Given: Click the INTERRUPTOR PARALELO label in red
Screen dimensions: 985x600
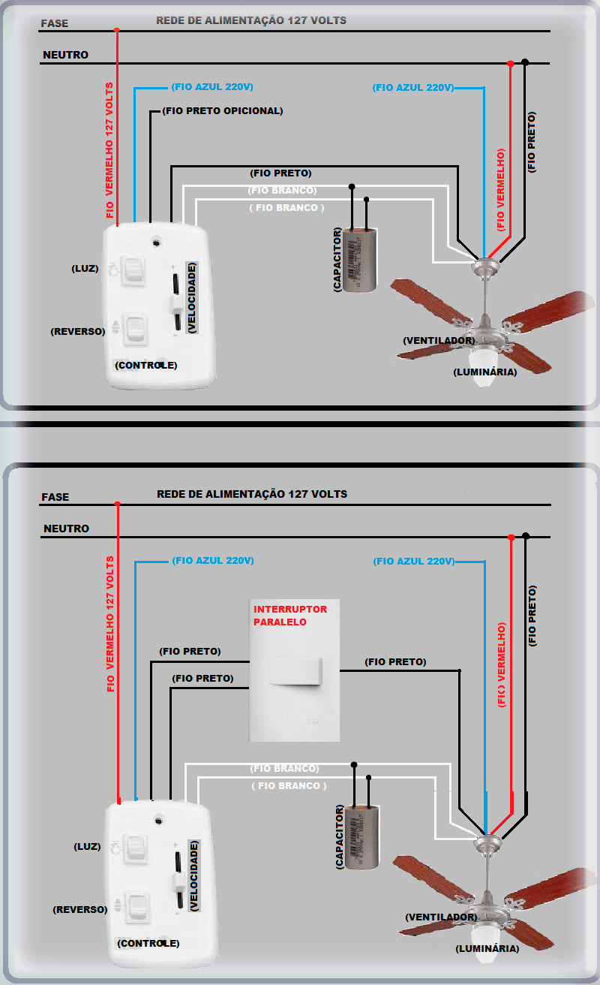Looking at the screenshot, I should tap(280, 616).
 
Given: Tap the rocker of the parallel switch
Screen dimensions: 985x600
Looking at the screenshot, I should tap(295, 670).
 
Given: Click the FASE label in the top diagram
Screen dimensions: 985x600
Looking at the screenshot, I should tap(55, 23).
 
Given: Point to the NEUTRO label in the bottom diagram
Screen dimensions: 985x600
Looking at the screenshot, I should tap(66, 529).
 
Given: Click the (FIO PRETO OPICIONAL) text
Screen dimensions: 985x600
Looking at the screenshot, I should tap(222, 111).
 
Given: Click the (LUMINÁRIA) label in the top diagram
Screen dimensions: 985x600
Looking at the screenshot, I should tap(484, 372).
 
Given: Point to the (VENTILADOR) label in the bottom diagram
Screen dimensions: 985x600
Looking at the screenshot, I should tap(440, 917).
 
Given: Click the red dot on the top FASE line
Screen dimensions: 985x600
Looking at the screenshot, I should tap(117, 31).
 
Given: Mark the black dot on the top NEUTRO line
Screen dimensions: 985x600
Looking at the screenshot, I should tap(525, 62).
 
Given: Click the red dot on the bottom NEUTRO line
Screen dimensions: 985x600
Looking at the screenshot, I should tap(511, 538).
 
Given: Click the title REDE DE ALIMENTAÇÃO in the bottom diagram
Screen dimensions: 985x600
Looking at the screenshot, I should tap(251, 495).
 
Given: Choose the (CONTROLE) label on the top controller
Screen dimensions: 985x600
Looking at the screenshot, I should tap(145, 366).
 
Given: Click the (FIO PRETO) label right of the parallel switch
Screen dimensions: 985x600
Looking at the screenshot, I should tap(395, 662).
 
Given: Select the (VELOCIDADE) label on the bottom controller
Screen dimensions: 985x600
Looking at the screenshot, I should tap(194, 875).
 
